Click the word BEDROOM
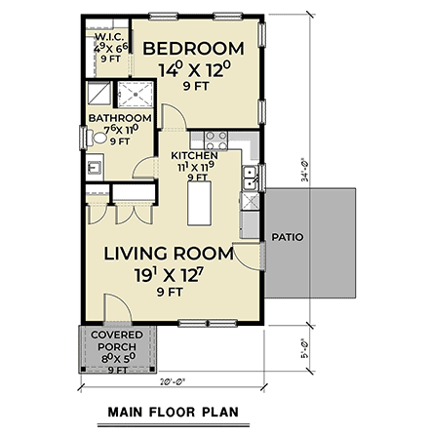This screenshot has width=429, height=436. (x=193, y=49)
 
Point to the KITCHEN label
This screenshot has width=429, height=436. (x=194, y=155)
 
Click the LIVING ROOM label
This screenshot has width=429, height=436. (x=169, y=254)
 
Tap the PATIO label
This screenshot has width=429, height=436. (x=286, y=236)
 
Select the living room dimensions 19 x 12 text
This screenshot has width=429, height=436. (x=169, y=276)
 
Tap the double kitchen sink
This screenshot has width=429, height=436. (x=251, y=177)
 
